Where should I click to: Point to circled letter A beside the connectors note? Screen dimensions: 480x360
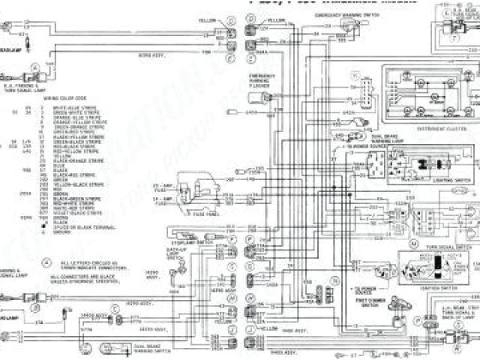tap(46, 263)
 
